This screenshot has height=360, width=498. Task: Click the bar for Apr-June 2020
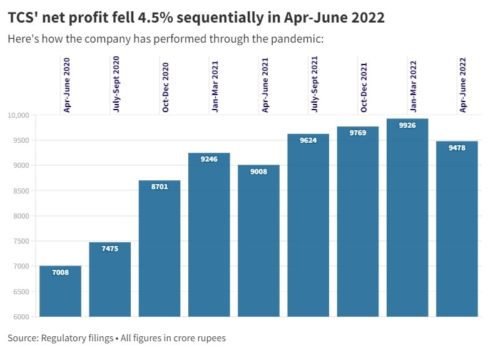pos(60,291)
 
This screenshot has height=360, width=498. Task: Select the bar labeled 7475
pos(109,279)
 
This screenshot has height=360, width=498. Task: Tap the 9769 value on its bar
pos(358,132)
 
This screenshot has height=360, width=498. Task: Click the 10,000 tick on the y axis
pos(19,115)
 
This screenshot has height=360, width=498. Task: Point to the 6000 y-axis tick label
pos(23,317)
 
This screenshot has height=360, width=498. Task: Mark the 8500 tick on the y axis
pos(23,191)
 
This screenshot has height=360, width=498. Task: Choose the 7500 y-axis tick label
pos(23,241)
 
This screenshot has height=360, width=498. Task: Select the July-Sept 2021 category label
pos(315,84)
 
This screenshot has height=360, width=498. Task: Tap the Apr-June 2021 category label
pos(265,84)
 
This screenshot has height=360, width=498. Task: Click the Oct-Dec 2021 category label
pos(364,85)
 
